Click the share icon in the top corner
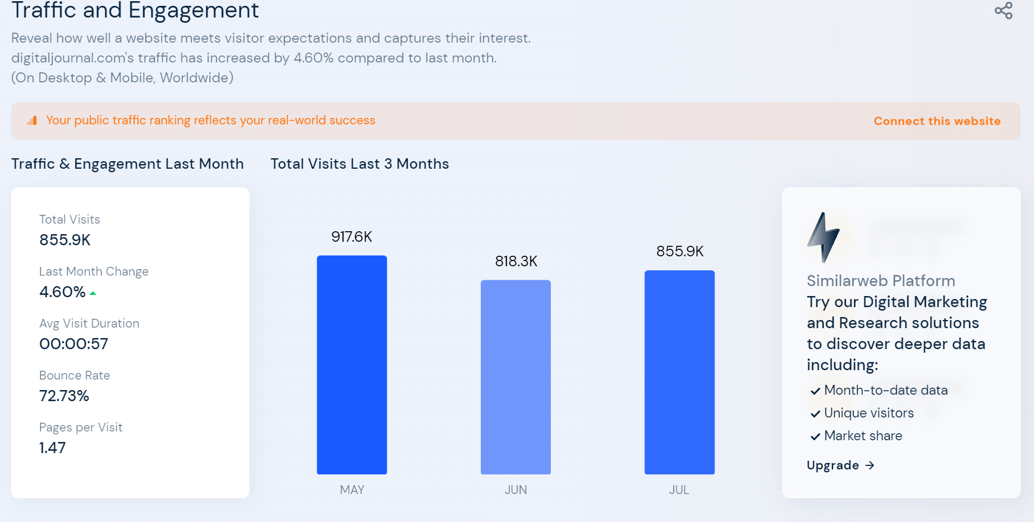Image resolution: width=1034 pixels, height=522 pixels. pos(1003,11)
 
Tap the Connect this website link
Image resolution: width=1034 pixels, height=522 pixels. pos(937,121)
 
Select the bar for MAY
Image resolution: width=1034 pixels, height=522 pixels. pos(352,364)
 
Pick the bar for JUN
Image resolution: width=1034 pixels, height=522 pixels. pos(515,377)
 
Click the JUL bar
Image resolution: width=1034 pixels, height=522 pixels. pos(679,372)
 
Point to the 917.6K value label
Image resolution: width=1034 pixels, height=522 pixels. pos(352,236)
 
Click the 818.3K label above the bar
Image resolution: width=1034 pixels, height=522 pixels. pos(516,261)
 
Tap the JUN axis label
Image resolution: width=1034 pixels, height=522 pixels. pos(516,490)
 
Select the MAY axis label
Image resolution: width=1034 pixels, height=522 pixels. pos(352,490)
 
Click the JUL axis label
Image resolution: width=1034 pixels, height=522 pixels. pos(679,490)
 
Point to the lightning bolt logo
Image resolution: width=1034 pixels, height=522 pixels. pos(823,237)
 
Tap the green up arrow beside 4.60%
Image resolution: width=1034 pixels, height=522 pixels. pos(93,293)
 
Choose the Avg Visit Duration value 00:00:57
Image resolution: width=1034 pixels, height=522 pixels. pos(74,344)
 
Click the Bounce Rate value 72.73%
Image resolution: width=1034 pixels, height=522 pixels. pos(64,396)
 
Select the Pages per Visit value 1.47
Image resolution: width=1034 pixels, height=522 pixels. pos(53,448)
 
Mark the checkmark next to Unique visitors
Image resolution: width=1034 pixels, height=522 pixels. pos(815,414)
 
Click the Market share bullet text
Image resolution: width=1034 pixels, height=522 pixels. pos(863,436)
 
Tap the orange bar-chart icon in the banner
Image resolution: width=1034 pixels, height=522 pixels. pos(32,120)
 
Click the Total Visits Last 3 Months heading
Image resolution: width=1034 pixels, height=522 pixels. pos(359,164)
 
